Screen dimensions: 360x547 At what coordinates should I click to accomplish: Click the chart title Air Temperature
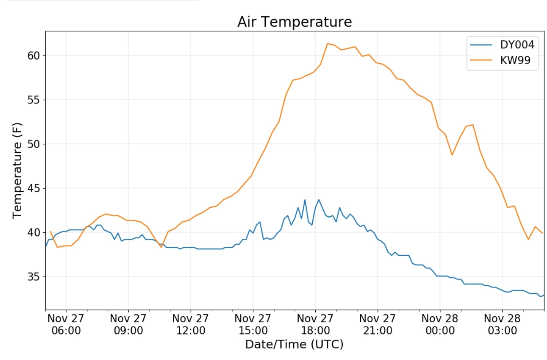pyautogui.click(x=294, y=22)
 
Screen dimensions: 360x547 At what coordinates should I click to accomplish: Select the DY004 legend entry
pyautogui.click(x=517, y=45)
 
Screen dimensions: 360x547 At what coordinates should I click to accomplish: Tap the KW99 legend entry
pyautogui.click(x=515, y=60)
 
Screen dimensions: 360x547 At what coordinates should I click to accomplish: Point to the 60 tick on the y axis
pyautogui.click(x=33, y=56)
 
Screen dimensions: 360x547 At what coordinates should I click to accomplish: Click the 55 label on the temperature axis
pyautogui.click(x=33, y=100)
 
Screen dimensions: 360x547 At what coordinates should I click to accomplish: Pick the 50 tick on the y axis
pyautogui.click(x=33, y=144)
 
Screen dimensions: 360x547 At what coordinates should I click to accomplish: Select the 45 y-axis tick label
pyautogui.click(x=33, y=188)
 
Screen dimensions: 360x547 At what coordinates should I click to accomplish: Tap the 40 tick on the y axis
pyautogui.click(x=33, y=232)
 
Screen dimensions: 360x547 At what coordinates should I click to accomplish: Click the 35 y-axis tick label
pyautogui.click(x=33, y=277)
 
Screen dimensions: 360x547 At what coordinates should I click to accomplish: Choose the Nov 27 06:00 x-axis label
pyautogui.click(x=66, y=324)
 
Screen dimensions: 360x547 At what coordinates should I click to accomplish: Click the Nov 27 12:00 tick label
pyautogui.click(x=191, y=324)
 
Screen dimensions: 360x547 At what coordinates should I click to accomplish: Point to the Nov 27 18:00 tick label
pyautogui.click(x=315, y=324)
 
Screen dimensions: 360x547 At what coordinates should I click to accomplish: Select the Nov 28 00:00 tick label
pyautogui.click(x=440, y=324)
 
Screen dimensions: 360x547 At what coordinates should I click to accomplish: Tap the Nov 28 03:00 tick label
pyautogui.click(x=502, y=324)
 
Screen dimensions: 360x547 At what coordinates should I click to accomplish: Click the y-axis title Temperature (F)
pyautogui.click(x=17, y=170)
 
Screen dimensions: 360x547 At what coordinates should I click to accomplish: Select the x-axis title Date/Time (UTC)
pyautogui.click(x=294, y=344)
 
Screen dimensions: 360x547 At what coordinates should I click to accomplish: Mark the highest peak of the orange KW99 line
pyautogui.click(x=328, y=43)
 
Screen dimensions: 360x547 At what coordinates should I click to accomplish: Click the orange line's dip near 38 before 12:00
pyautogui.click(x=161, y=247)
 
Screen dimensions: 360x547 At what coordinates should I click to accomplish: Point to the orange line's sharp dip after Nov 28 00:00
pyautogui.click(x=452, y=155)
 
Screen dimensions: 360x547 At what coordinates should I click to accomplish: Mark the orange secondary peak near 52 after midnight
pyautogui.click(x=473, y=125)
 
